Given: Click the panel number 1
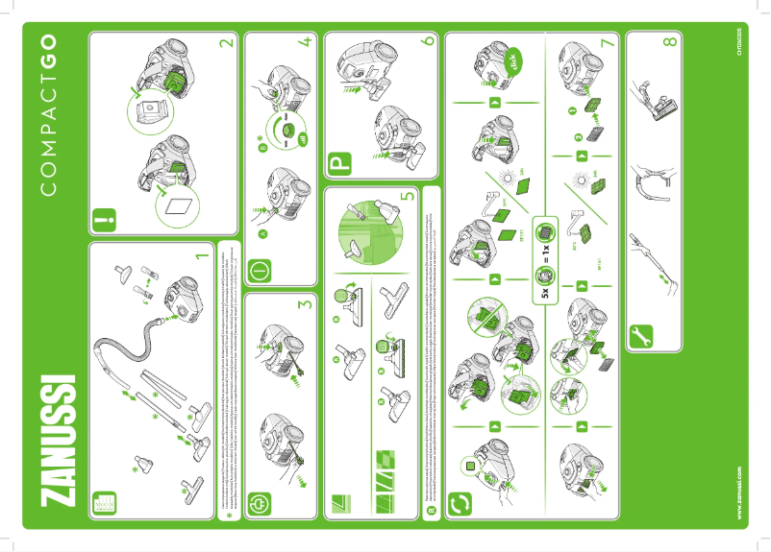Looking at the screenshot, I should pos(203,256).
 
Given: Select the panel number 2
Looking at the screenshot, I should pos(227,43).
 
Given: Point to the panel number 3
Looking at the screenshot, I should pos(306,305).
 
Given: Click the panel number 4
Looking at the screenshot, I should pos(306,43).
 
